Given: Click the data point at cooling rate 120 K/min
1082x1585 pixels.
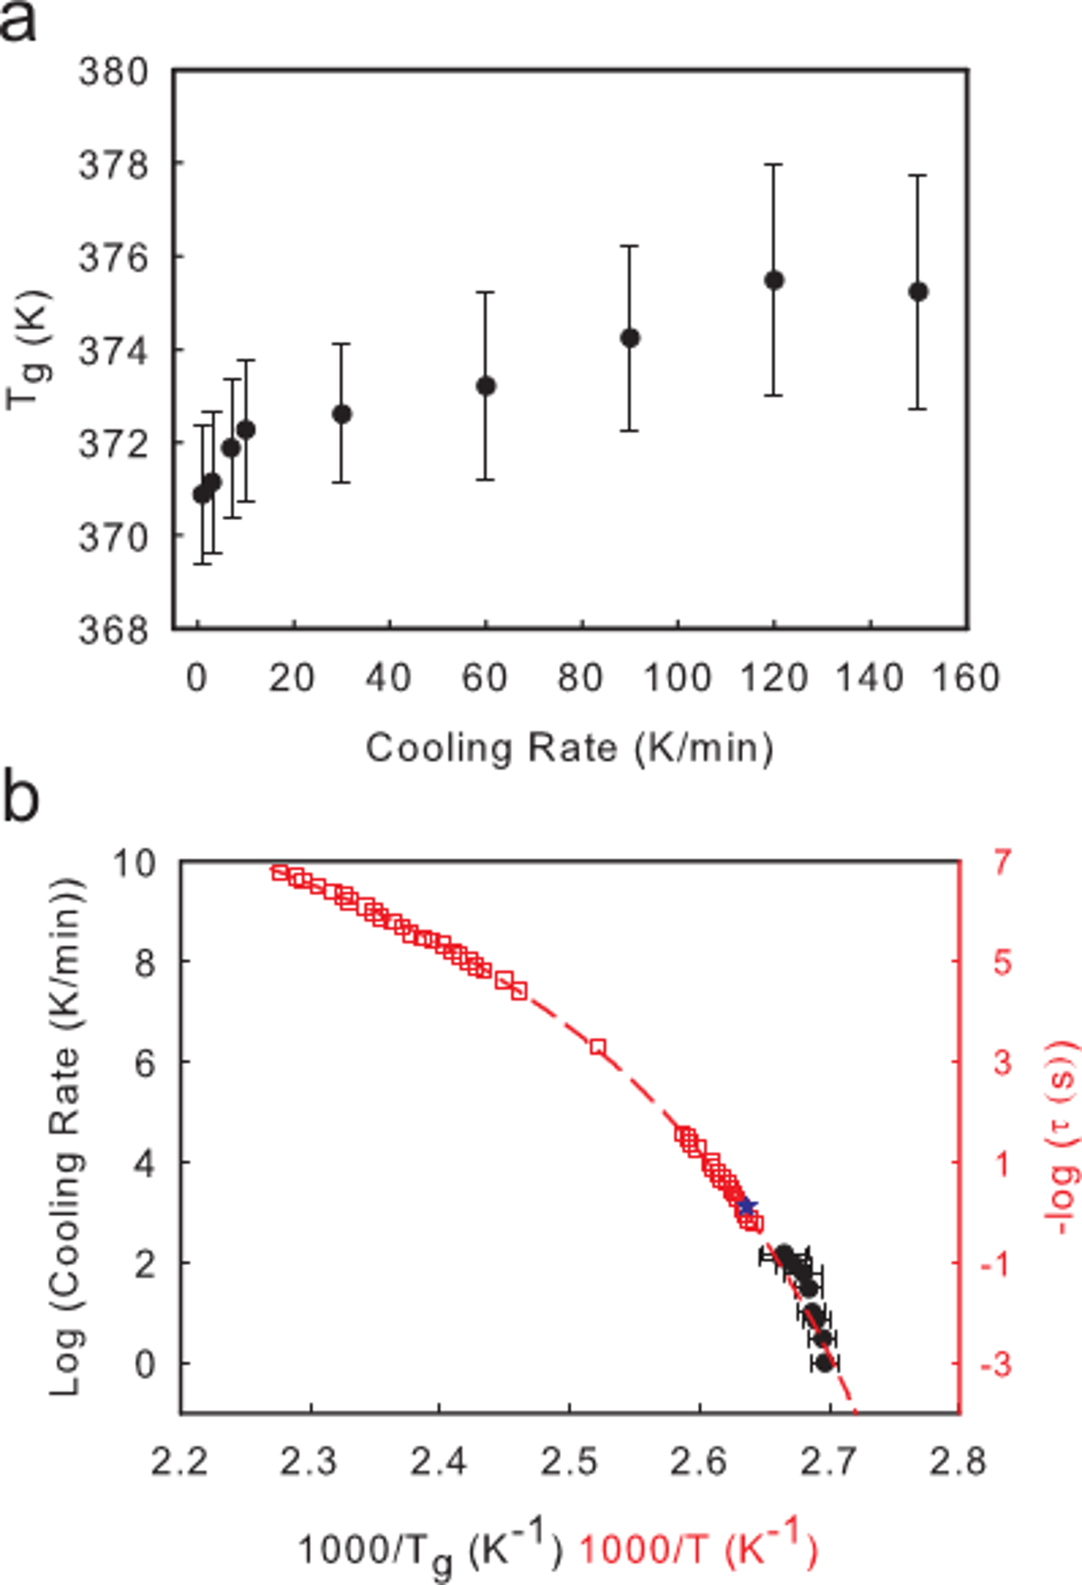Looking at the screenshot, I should pos(774,280).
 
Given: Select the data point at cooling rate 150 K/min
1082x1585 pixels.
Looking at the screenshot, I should pos(918,292).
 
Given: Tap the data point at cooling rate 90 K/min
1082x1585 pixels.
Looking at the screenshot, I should pos(630,338).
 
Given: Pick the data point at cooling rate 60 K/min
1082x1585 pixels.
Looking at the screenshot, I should pos(486,386).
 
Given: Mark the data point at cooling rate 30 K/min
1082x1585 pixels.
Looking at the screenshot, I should pos(342,414).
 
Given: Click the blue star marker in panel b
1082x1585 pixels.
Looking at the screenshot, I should pos(747,1206).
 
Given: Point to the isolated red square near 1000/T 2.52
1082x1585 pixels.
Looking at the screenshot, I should pos(598,1047).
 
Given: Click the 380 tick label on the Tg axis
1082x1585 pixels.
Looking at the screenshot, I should pos(114,72).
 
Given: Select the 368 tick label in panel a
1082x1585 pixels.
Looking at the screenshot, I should pos(114,630).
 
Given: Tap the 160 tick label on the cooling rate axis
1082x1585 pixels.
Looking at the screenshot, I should pos(966,678).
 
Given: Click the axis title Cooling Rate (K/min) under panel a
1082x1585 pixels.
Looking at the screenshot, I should pos(569,748).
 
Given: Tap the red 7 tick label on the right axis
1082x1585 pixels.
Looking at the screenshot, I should pos(1004,863).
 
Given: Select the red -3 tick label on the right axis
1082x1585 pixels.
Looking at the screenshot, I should pos(996,1364).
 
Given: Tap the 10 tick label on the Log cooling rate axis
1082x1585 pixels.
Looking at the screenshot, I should pos(135,863).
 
